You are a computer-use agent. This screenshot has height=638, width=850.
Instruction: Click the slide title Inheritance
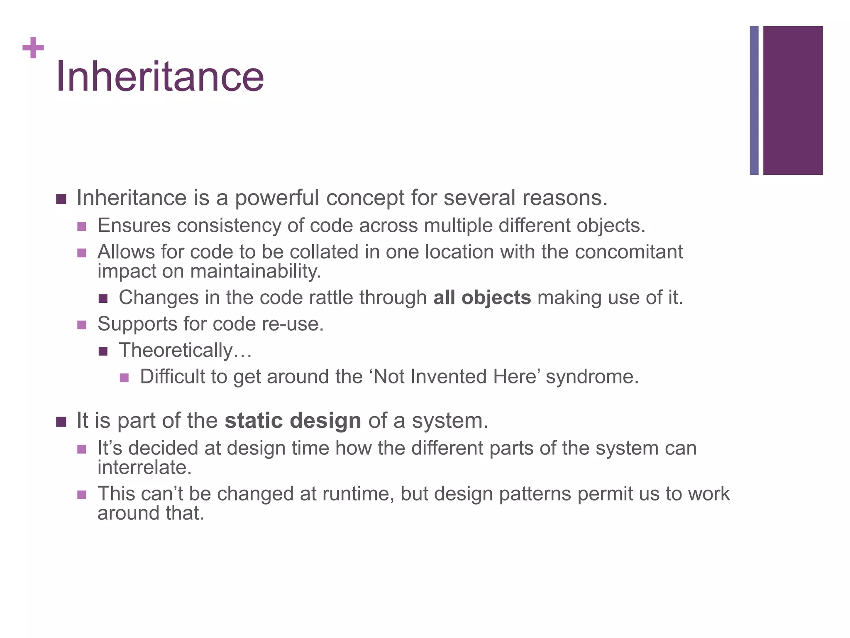coord(160,77)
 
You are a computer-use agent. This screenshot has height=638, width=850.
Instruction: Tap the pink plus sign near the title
coord(33,48)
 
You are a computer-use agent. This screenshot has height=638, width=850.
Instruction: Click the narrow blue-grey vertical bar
coord(754,101)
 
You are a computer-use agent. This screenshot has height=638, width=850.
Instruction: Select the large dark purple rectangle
coord(793,101)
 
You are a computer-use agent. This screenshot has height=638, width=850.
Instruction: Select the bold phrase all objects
coord(482,298)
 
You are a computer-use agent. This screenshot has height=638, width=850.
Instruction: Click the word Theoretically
coord(175,350)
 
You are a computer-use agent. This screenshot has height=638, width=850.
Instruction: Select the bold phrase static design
coord(293,421)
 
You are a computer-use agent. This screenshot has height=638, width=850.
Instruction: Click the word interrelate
coord(144,468)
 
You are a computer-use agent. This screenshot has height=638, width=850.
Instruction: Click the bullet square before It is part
coord(61,422)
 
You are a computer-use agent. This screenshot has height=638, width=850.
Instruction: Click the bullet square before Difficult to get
coord(124,378)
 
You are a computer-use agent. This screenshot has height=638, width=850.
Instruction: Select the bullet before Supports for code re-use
coord(82,324)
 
